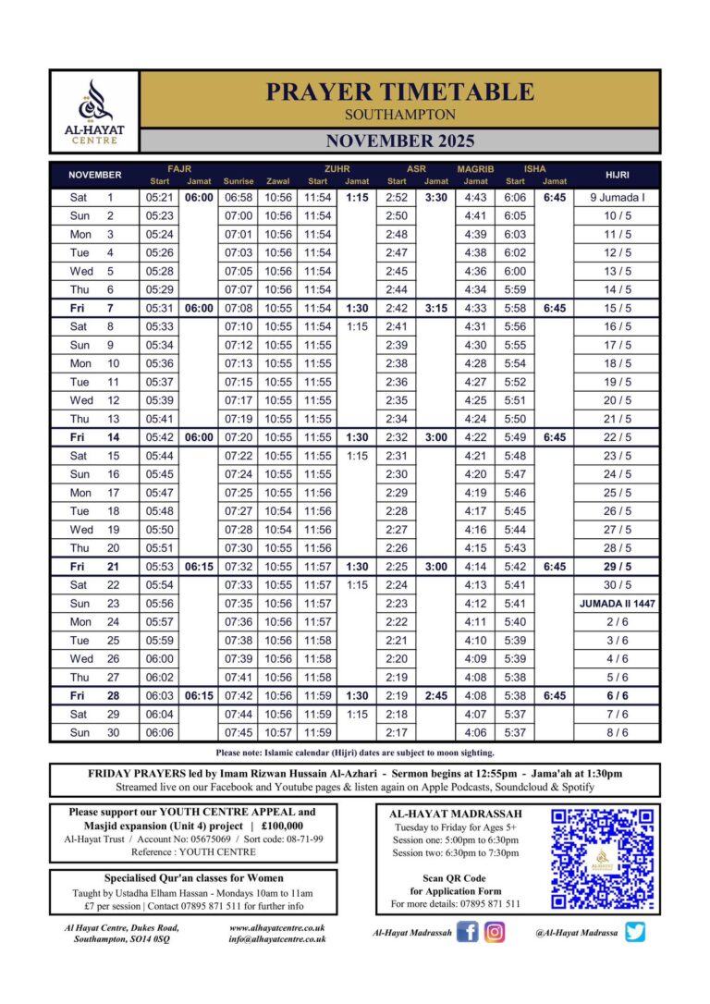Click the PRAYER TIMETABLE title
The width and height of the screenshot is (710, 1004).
[399, 92]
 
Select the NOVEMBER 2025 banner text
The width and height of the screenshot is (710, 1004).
[399, 141]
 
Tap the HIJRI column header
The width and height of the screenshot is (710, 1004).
[617, 174]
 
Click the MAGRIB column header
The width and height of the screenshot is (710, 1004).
[475, 169]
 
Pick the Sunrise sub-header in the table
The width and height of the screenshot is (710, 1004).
[239, 181]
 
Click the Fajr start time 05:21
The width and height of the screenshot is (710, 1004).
[160, 198]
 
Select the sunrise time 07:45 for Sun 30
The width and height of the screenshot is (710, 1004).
[239, 732]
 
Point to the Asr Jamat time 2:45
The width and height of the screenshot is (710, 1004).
[436, 695]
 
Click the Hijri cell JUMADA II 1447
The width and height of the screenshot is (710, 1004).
[617, 603]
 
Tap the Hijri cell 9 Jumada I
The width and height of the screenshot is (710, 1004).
[617, 198]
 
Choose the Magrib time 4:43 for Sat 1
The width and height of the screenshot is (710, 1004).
[475, 198]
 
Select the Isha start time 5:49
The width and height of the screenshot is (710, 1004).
[515, 437]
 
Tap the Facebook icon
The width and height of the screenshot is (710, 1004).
[468, 932]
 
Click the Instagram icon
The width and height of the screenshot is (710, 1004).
[496, 932]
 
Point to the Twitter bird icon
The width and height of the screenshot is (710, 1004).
[634, 932]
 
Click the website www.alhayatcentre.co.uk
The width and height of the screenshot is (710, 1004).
[277, 927]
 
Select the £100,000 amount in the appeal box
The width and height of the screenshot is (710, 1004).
[283, 826]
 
